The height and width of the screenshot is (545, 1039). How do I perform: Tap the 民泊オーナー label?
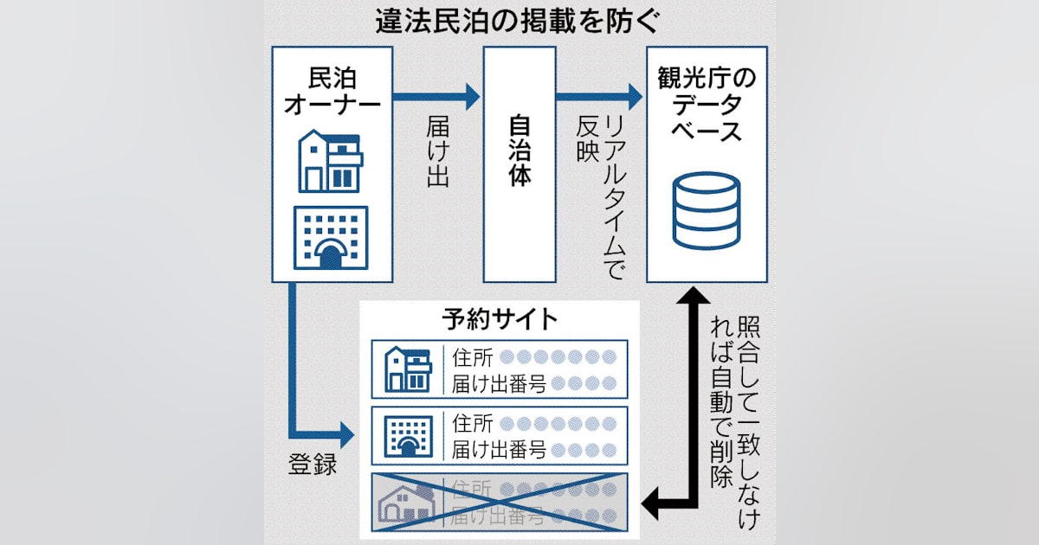click(332, 90)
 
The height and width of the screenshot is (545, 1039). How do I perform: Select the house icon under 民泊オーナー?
click(330, 163)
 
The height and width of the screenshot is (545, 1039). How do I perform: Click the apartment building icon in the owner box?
click(330, 239)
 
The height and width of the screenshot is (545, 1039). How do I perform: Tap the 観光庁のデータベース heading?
click(707, 109)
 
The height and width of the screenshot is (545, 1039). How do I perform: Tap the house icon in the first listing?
click(407, 369)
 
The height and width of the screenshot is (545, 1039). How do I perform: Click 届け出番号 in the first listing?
click(498, 383)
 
